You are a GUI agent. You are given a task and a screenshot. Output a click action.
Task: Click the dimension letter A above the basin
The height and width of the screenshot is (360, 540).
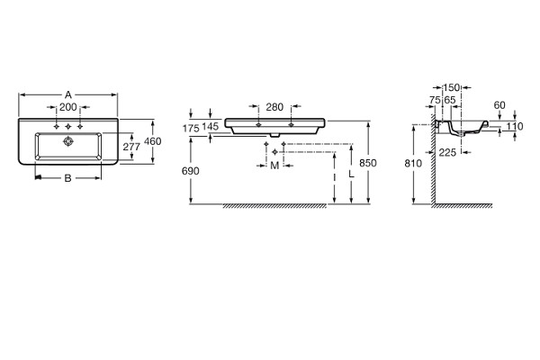pos(68,94)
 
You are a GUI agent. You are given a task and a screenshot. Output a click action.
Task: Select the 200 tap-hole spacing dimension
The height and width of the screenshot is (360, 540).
pos(67,107)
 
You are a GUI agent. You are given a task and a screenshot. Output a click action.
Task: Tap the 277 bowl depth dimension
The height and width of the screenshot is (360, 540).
pos(131,147)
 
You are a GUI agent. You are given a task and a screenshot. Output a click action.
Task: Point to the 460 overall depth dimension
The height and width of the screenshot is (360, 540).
pos(153,141)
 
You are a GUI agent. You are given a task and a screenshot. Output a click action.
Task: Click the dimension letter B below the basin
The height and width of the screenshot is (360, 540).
pos(68,178)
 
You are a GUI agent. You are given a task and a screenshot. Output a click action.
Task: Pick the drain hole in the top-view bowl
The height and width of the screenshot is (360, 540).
pos(68,141)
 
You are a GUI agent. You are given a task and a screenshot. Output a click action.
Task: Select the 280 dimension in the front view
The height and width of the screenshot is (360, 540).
pos(274,107)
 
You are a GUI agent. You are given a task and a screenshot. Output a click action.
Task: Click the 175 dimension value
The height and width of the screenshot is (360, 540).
pos(191,129)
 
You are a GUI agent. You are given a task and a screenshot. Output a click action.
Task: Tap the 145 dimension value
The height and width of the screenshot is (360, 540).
pos(210,126)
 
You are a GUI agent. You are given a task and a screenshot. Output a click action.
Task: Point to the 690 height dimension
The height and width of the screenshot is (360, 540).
pos(191,171)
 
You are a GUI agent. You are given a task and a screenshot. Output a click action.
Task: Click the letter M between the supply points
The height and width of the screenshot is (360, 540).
pos(274,166)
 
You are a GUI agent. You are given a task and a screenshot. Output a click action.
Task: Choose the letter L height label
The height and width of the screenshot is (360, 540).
pos(351,175)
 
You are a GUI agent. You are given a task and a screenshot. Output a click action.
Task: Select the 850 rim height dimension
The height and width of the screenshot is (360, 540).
pos(368,163)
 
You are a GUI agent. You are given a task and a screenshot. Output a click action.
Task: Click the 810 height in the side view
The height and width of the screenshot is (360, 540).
pos(413,163)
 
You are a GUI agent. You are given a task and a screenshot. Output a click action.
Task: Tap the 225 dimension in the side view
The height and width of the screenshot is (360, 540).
pos(447,152)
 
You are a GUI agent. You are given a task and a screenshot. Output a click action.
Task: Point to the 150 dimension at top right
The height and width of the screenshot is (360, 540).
pos(451,87)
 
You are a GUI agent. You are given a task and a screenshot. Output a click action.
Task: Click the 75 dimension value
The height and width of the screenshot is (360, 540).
pos(435,100)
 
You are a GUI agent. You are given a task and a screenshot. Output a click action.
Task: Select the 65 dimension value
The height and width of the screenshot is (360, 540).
pos(450,100)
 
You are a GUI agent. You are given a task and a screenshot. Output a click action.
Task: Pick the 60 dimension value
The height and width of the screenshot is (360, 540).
pos(499,105)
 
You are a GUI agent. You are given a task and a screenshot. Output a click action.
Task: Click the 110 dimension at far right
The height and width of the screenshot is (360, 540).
pos(515,126)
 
